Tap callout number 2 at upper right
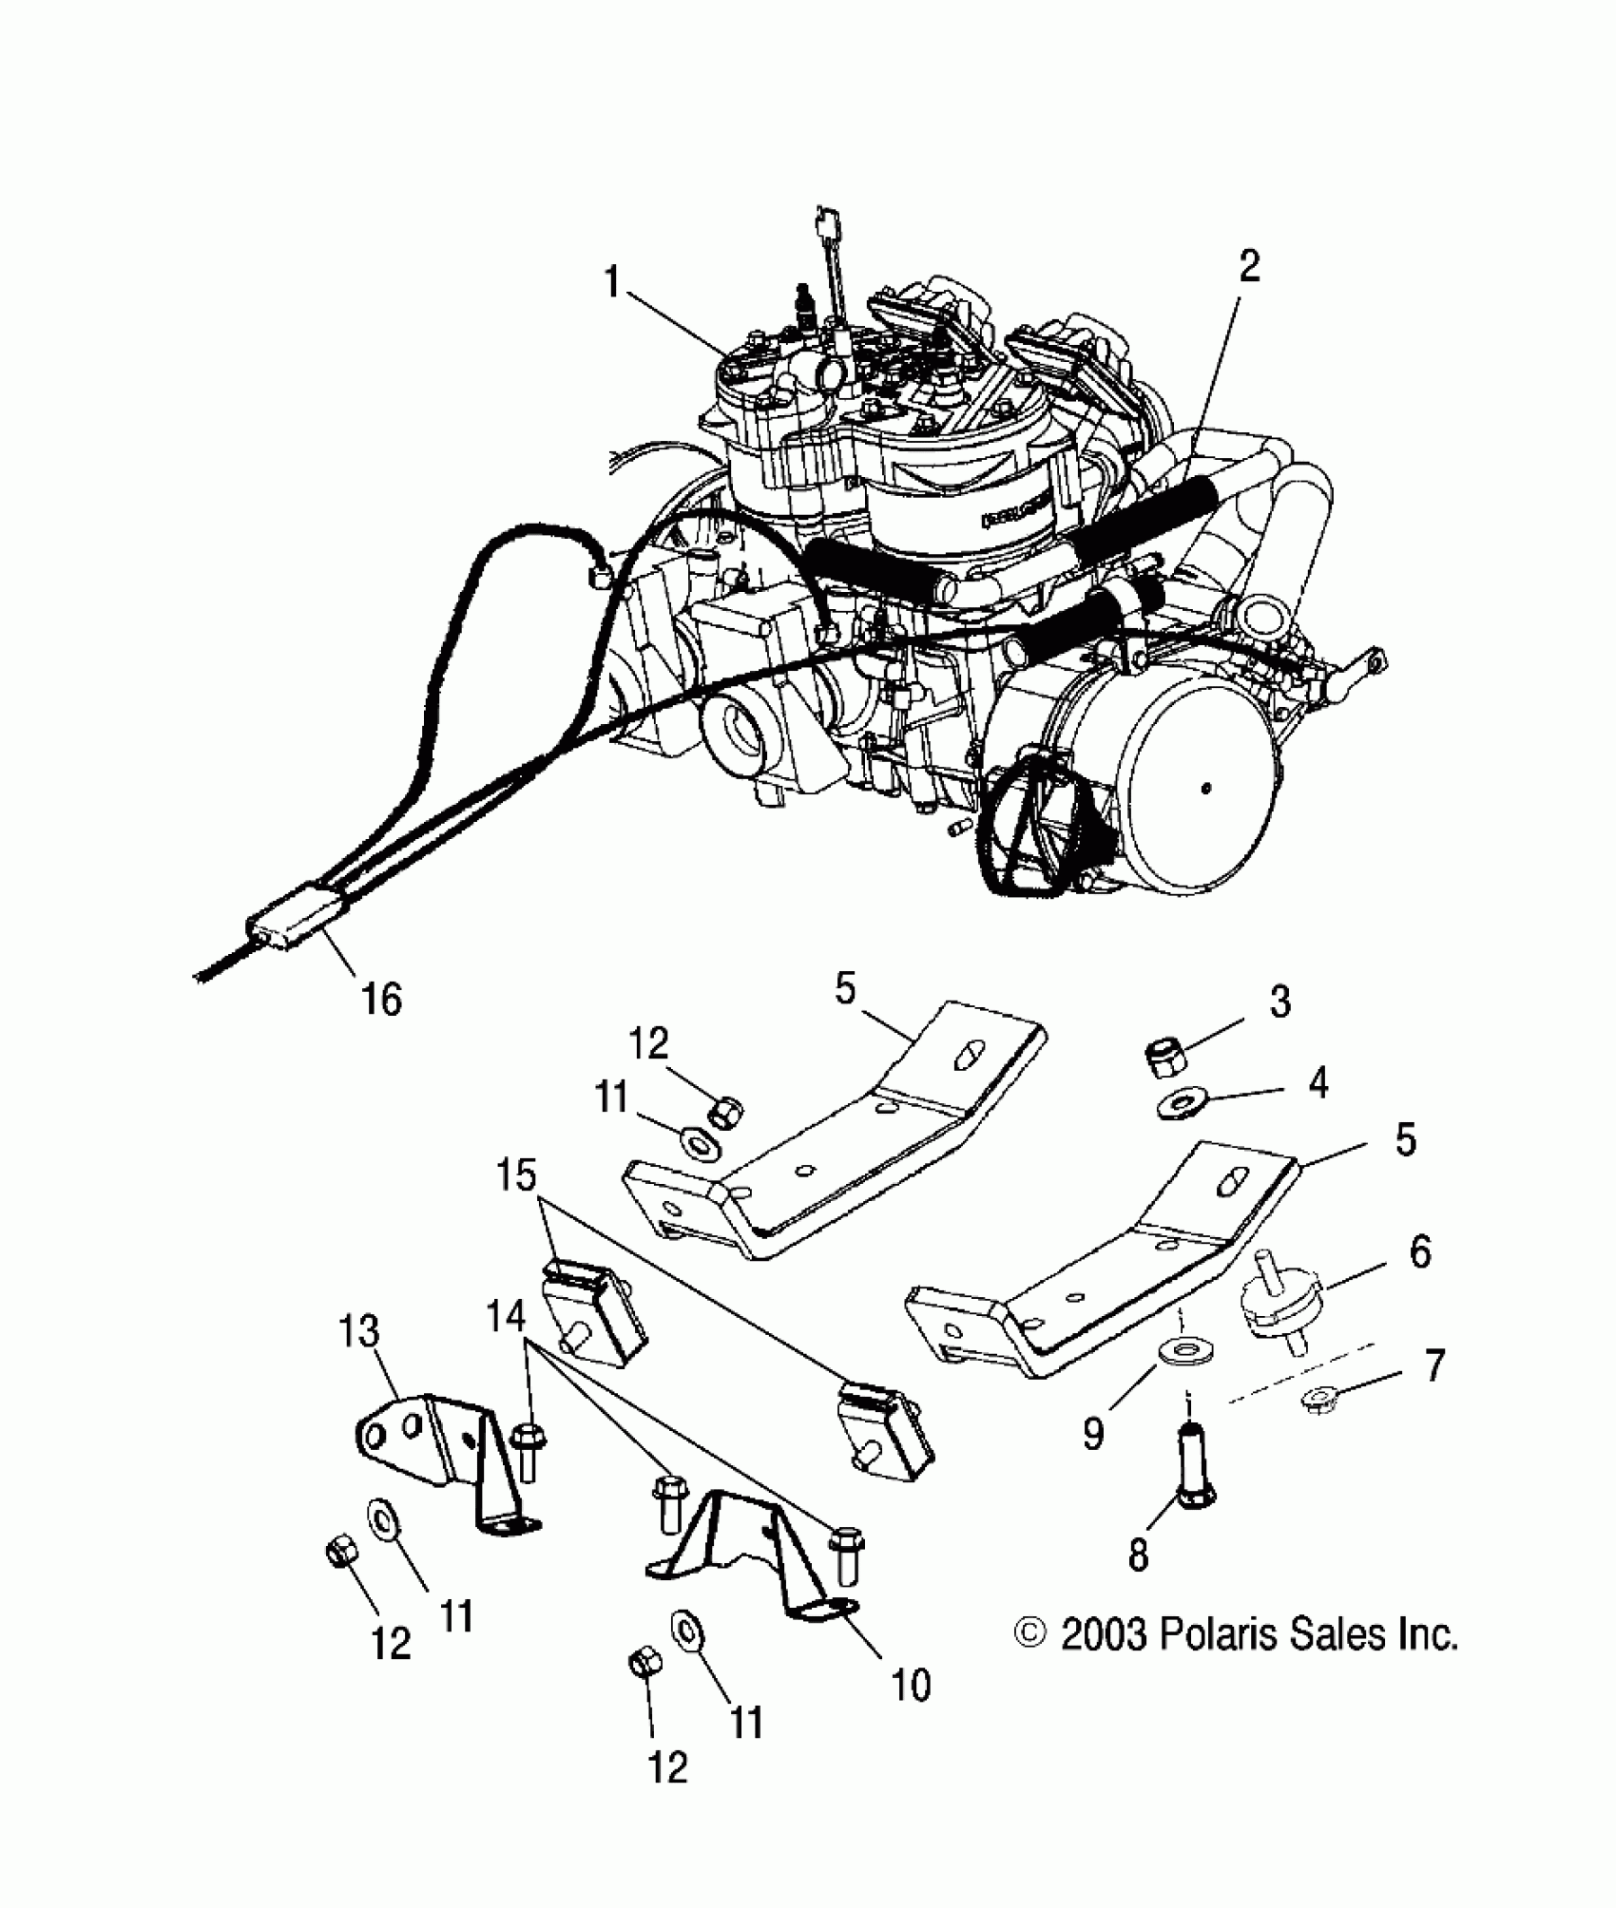click(1248, 267)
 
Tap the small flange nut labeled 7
click(1318, 1398)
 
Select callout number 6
click(1418, 1252)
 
